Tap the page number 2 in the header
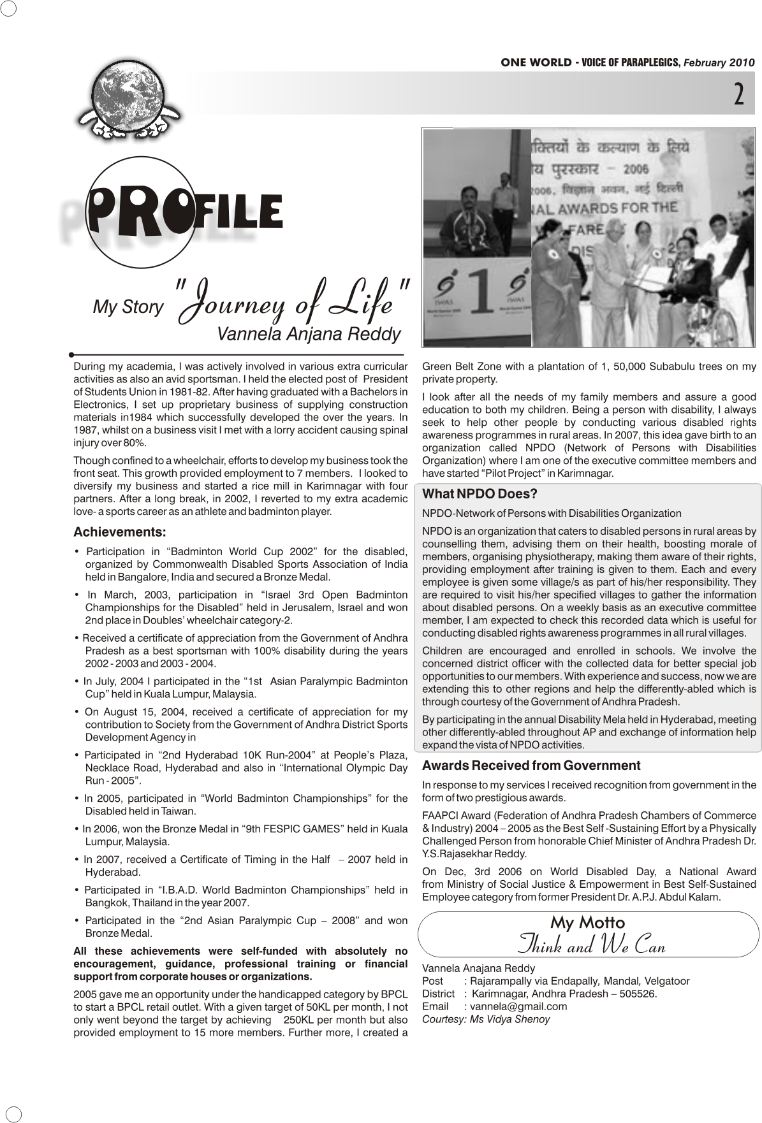(x=738, y=94)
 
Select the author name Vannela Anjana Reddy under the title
(x=309, y=334)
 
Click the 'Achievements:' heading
(x=120, y=532)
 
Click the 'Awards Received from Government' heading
(x=531, y=765)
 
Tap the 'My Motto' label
(x=587, y=922)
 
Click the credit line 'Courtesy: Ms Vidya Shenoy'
(x=486, y=1019)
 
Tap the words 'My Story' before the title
(x=128, y=307)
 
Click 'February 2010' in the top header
(x=719, y=62)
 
